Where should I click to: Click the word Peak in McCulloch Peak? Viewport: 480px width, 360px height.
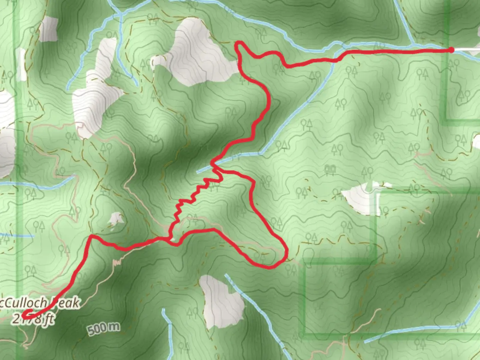click(66, 303)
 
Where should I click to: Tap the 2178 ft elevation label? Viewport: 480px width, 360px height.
click(33, 319)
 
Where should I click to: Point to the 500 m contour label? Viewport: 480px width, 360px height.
click(104, 329)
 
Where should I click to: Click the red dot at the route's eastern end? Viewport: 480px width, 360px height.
click(451, 50)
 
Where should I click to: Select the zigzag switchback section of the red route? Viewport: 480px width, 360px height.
click(193, 197)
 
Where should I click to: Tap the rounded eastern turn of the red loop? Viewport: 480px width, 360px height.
click(285, 253)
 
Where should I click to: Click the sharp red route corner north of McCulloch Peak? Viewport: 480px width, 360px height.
click(91, 236)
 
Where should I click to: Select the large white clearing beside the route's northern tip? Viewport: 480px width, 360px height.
click(197, 53)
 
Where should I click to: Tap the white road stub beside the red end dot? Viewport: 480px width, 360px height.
click(467, 50)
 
